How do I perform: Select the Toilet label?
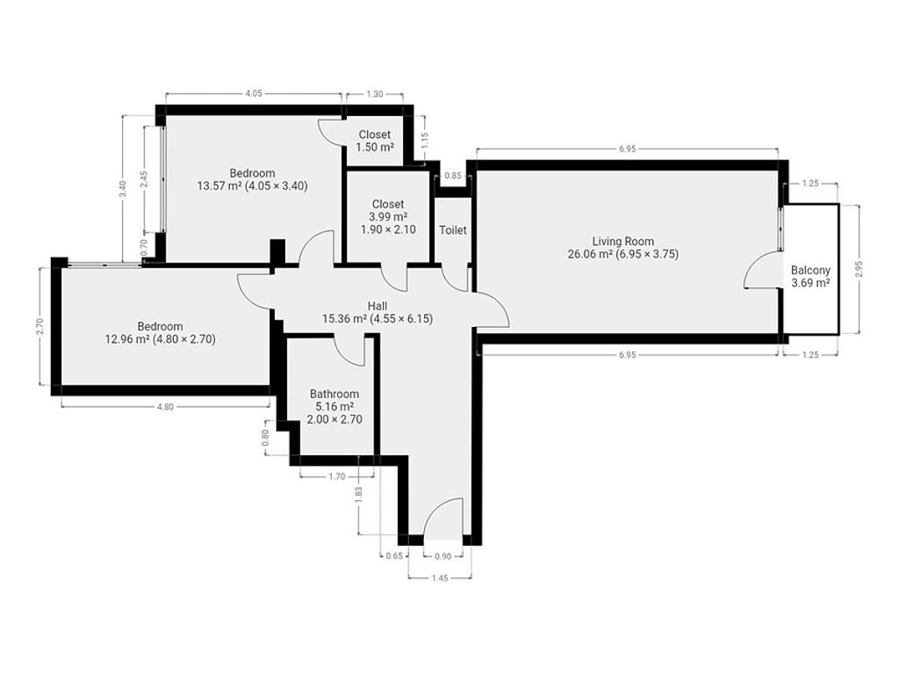(x=453, y=230)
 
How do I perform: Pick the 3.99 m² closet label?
(x=388, y=216)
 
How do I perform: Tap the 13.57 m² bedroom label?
(x=252, y=179)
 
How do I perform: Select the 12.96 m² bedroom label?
(x=160, y=333)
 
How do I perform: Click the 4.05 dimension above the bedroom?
(x=254, y=93)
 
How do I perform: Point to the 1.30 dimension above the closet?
(x=374, y=94)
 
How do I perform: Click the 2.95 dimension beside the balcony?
(x=859, y=270)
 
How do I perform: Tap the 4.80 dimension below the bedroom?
(x=164, y=407)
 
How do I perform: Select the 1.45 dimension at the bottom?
(x=440, y=578)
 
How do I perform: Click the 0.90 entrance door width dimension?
(x=443, y=555)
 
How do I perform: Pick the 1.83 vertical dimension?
(x=359, y=495)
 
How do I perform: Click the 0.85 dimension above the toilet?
(x=453, y=176)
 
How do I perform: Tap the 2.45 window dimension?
(x=144, y=179)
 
